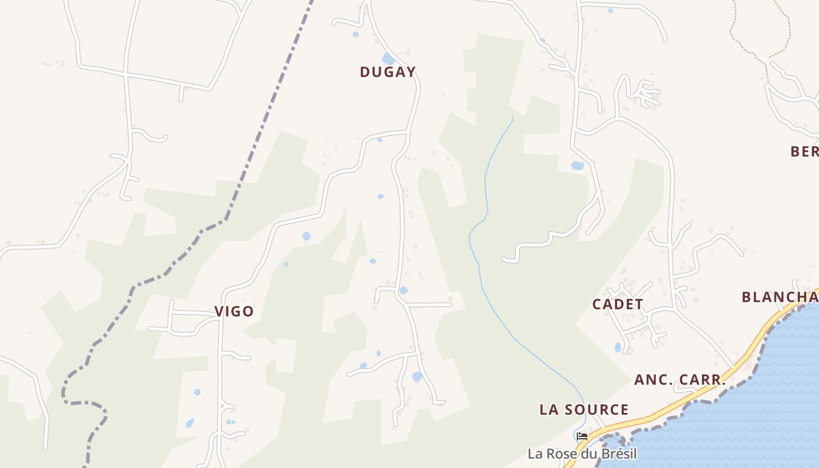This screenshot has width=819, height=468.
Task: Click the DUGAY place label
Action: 387,72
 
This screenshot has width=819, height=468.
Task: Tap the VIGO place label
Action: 234,311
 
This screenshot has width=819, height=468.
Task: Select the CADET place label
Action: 618,304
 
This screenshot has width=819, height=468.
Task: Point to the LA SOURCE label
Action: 584,409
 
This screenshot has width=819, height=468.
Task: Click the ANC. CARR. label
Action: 680,380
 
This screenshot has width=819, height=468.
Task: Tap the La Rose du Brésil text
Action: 581,453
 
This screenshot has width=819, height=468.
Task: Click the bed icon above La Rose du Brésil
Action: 581,436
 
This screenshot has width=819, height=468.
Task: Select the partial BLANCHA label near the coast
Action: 779,297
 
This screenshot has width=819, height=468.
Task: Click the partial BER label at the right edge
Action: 804,152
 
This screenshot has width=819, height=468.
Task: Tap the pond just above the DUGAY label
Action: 388,58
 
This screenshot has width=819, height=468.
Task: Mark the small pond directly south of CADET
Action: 618,347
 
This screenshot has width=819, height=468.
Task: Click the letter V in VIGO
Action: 219,311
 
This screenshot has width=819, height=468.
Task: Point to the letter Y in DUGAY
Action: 411,72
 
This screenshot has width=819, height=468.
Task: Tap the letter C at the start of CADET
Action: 597,304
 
